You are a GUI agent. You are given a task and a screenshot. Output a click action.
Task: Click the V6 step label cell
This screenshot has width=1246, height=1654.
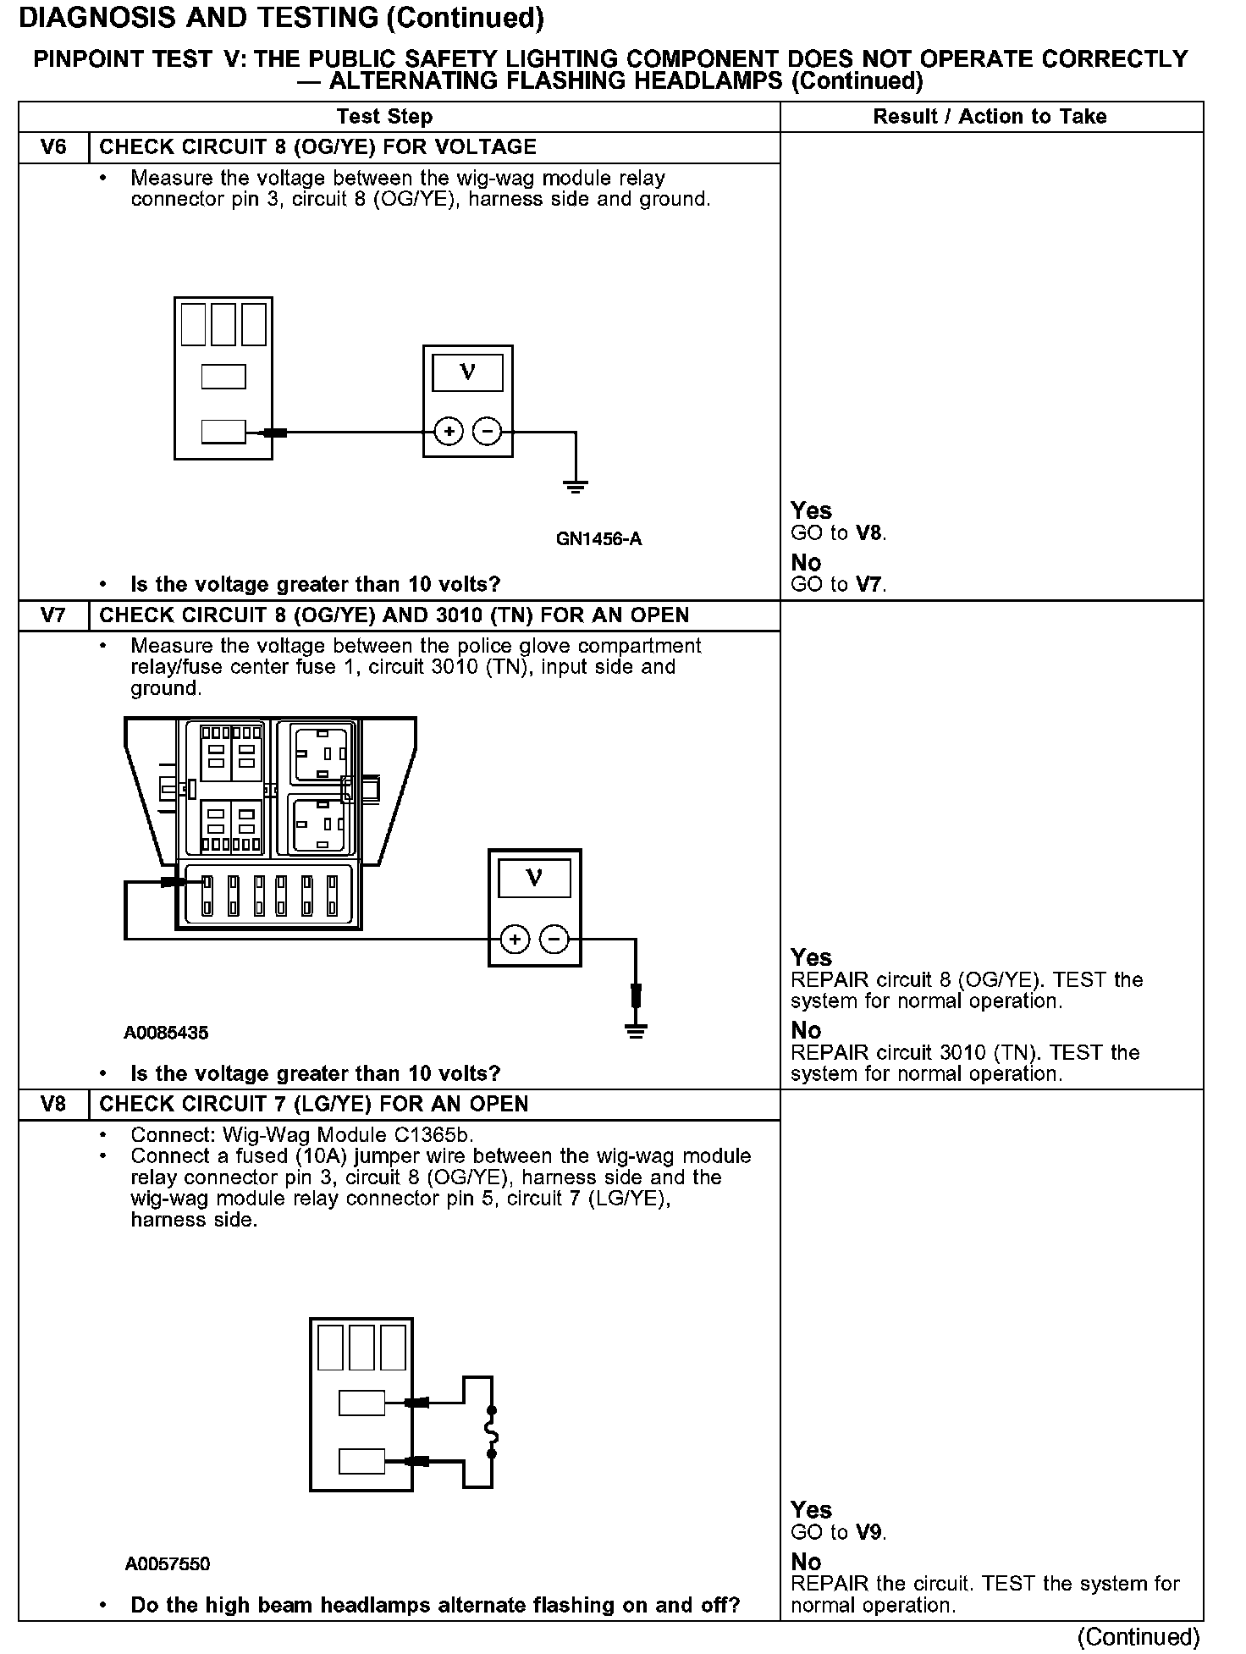(x=53, y=147)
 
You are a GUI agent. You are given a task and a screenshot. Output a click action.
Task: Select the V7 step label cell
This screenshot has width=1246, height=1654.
(x=53, y=615)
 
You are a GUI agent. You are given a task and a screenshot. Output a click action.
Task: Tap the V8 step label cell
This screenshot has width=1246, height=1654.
(x=53, y=1105)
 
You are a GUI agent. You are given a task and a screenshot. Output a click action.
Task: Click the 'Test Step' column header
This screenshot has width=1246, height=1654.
(x=384, y=117)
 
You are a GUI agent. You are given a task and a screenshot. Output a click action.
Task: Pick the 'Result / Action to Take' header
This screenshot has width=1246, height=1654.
(x=990, y=117)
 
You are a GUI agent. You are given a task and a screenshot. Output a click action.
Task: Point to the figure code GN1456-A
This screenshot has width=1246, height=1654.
(x=598, y=539)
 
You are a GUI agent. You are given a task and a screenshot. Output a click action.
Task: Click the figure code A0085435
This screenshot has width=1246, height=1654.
(x=166, y=1033)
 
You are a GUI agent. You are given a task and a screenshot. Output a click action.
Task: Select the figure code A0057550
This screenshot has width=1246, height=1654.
(x=168, y=1563)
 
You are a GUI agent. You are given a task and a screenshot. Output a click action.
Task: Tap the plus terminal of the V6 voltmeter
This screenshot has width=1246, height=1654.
(x=449, y=433)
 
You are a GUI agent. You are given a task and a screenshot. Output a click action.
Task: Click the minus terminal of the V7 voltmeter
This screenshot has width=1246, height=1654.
(x=554, y=939)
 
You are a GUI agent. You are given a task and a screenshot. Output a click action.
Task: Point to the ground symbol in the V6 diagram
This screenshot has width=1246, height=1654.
(x=576, y=486)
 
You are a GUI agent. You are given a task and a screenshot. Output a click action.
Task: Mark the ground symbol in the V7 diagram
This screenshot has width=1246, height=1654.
(x=636, y=1030)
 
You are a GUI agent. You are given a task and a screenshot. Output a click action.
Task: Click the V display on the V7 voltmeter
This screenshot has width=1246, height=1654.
(x=534, y=877)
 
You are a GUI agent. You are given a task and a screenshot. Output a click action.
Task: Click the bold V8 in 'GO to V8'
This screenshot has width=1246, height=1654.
(x=869, y=533)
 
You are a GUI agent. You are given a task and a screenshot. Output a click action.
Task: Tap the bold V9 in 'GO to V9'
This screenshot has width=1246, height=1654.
(x=869, y=1532)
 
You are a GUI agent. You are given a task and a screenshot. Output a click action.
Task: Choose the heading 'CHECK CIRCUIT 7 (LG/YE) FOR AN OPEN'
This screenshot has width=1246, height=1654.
(x=313, y=1105)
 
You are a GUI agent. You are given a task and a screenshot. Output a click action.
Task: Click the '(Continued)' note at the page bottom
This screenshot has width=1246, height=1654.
(x=1138, y=1637)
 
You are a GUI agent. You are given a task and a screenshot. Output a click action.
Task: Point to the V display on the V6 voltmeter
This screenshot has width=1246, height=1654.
(x=467, y=372)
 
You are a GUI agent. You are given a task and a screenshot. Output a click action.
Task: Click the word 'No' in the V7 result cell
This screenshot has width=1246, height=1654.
(x=806, y=1030)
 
